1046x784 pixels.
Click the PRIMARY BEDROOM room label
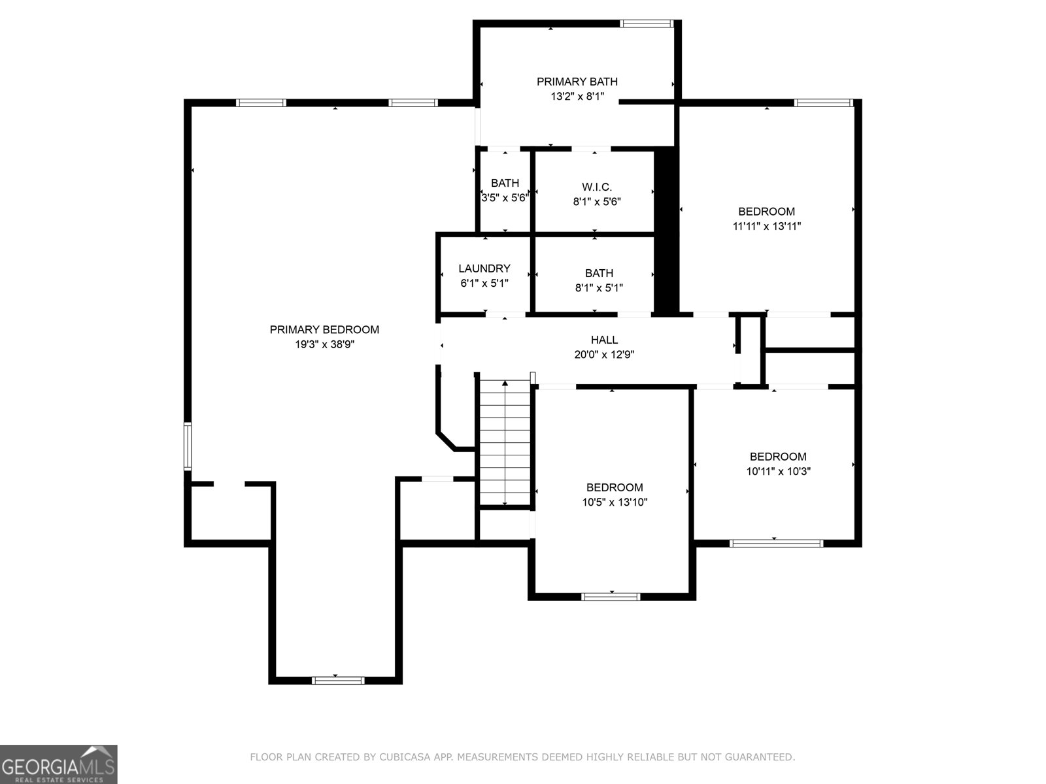coord(324,329)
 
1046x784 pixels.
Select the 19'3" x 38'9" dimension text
coord(324,344)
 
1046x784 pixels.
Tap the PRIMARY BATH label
coord(577,82)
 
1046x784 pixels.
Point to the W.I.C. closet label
coord(597,187)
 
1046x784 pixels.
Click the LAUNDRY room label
coord(484,269)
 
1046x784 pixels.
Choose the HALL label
coord(604,340)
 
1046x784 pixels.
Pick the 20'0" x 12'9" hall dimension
coord(604,355)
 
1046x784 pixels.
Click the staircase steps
coord(505,442)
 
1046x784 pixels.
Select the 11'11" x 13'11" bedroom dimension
coord(767,226)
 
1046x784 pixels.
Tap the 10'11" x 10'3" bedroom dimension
coord(778,471)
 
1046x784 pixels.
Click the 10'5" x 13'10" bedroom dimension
coord(615,502)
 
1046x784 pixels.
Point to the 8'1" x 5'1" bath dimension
coord(599,288)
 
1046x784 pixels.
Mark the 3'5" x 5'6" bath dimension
coord(505,197)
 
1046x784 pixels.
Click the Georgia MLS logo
coord(59,764)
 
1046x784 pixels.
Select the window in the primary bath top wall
coord(647,24)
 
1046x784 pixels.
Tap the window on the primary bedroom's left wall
coord(188,446)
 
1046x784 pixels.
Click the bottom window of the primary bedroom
coord(338,681)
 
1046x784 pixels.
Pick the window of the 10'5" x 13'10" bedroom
coord(611,597)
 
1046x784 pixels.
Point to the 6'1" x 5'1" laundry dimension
coord(484,284)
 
